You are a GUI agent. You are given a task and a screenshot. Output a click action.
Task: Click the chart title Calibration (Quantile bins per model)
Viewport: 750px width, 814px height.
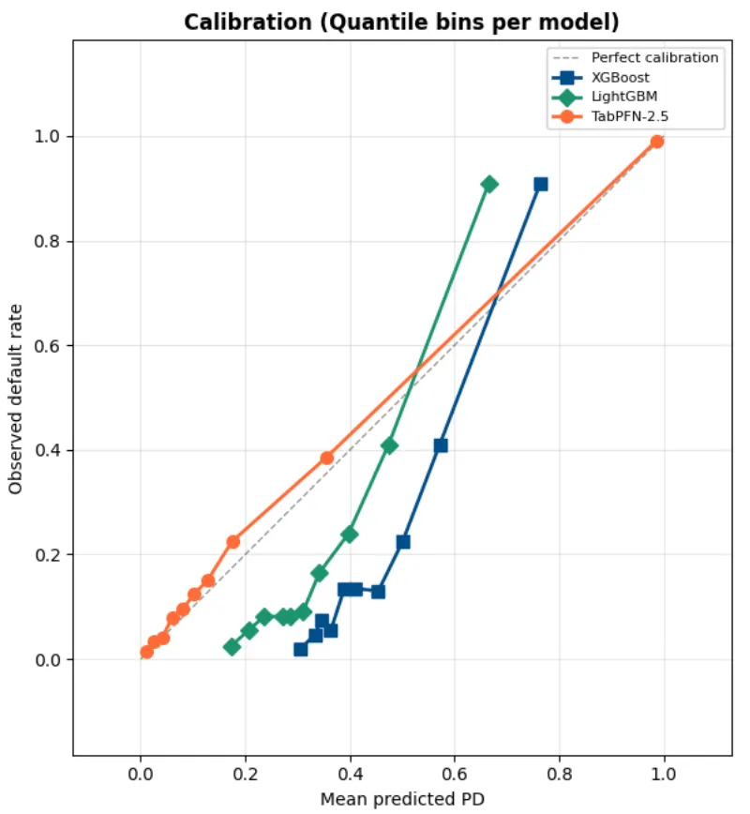[x=401, y=22]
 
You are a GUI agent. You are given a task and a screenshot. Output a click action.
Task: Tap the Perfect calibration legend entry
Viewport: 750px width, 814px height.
[x=654, y=57]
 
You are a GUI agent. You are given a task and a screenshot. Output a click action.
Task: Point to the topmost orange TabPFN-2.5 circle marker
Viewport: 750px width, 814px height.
[x=657, y=142]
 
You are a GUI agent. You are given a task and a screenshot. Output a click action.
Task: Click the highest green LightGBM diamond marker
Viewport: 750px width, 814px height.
[x=489, y=184]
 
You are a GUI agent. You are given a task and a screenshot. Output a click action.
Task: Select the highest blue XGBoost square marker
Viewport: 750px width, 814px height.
[x=541, y=185]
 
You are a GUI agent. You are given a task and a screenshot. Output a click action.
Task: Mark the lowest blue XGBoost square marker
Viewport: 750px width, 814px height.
[x=301, y=649]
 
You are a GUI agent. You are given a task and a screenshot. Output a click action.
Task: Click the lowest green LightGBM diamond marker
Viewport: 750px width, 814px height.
[x=232, y=647]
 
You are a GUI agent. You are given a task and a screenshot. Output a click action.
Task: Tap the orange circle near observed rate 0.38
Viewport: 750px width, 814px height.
[x=326, y=458]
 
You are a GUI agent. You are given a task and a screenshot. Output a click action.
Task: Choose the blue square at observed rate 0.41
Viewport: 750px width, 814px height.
[x=441, y=445]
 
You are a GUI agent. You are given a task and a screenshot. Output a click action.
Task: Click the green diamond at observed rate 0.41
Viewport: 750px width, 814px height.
[x=389, y=445]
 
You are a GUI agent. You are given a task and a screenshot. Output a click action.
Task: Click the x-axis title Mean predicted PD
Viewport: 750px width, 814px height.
[x=402, y=799]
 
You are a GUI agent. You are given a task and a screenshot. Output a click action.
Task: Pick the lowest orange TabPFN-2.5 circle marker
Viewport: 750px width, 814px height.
[x=147, y=652]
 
